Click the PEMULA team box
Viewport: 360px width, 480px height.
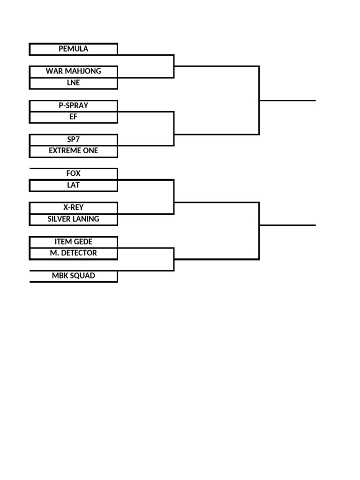coord(74,49)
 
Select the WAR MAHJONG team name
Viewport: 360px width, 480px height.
coord(74,72)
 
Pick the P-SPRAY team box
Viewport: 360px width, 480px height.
coord(74,106)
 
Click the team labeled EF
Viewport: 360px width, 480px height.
coord(74,117)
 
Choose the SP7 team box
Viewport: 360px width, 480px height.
coord(74,140)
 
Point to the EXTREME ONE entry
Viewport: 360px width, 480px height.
coord(74,151)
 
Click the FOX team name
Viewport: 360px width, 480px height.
coord(74,174)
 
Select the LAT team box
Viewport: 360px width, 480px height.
coord(74,186)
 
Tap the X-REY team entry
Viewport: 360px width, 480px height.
coord(74,208)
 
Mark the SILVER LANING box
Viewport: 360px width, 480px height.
coord(74,219)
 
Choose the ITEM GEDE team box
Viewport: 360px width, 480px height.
coord(74,242)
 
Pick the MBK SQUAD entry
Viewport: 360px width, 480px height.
coord(74,276)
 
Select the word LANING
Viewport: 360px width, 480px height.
coord(86,219)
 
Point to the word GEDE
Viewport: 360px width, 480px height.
coord(82,242)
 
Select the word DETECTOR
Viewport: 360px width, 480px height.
coord(79,253)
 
